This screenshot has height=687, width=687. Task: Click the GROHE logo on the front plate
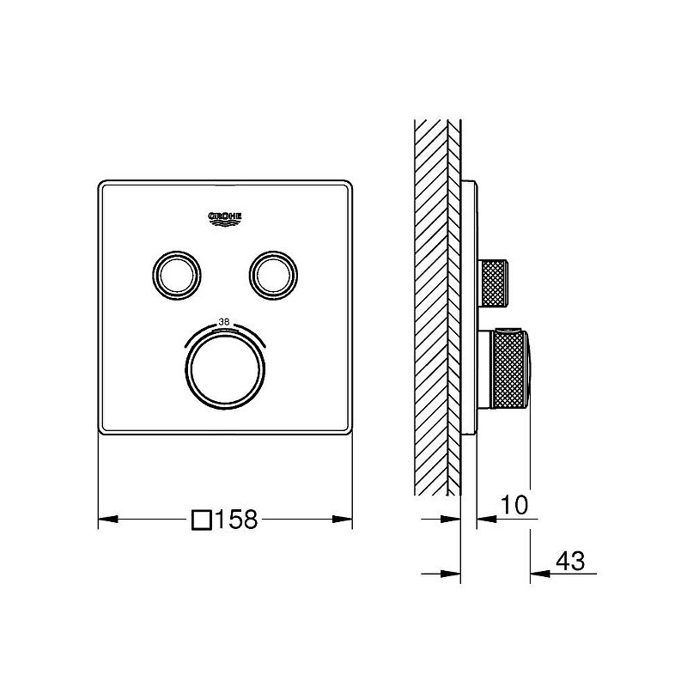[224, 219]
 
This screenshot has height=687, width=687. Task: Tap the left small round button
[177, 276]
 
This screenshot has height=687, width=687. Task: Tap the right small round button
[273, 276]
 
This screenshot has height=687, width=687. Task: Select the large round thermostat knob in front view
[225, 369]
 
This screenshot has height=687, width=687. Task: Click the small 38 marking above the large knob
[224, 321]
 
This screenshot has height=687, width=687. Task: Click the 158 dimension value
[236, 520]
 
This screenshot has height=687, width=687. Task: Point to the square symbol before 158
[202, 520]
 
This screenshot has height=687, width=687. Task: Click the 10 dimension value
[514, 505]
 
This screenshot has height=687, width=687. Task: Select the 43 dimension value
[570, 561]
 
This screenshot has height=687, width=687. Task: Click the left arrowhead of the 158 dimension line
[108, 520]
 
